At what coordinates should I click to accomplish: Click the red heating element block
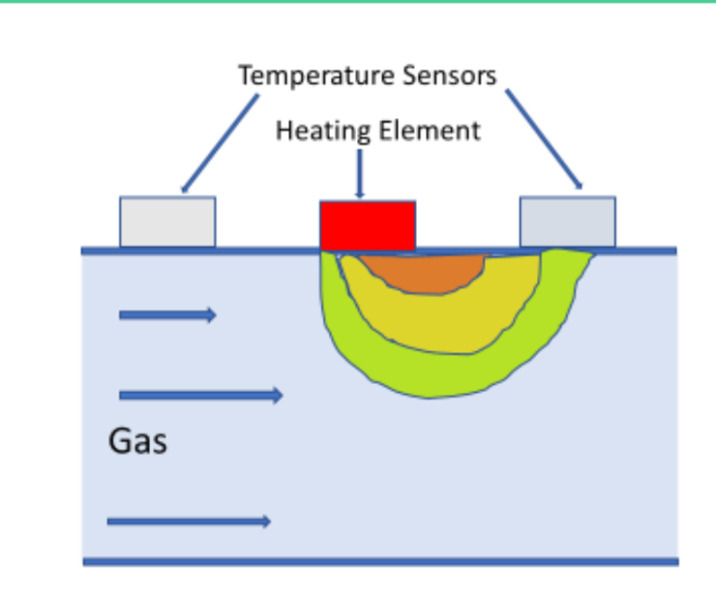[x=367, y=225]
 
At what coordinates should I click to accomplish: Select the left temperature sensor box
[x=168, y=222]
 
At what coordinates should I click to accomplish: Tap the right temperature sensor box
[x=567, y=222]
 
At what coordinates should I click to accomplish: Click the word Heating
[x=313, y=130]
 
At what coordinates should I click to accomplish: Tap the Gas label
[x=138, y=441]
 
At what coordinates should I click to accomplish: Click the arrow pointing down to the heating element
[x=360, y=172]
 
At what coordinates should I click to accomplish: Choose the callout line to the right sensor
[x=544, y=140]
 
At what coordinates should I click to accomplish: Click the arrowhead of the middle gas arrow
[x=277, y=396]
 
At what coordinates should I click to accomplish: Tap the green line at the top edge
[x=358, y=2]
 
